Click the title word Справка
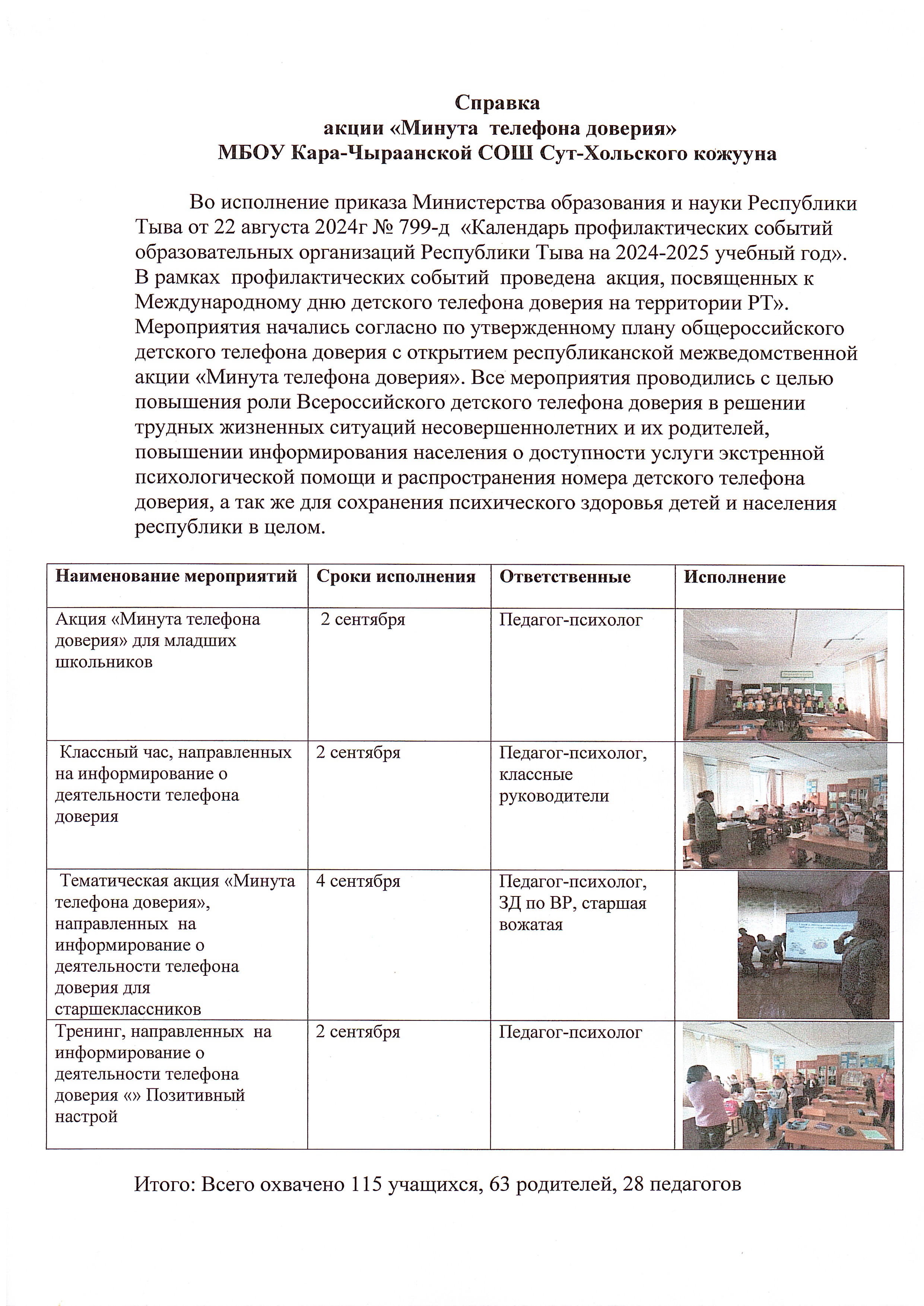497,103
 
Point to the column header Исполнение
734,577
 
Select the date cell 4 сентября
358,881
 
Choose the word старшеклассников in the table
128,1010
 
